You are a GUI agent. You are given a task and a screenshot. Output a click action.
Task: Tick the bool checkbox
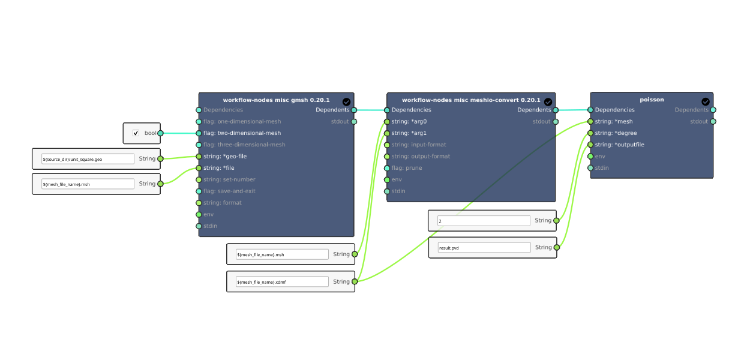[136, 133]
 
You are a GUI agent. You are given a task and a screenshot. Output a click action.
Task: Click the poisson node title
[652, 100]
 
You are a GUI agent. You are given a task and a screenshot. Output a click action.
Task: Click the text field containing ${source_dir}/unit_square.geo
[88, 159]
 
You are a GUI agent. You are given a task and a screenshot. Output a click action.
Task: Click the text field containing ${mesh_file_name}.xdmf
[282, 281]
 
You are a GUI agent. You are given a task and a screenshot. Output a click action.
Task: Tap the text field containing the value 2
[484, 221]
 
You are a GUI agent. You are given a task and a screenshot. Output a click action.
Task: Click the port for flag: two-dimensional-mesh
[199, 133]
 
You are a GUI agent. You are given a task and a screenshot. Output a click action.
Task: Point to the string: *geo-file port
[199, 157]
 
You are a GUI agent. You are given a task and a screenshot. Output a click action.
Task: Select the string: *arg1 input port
[387, 133]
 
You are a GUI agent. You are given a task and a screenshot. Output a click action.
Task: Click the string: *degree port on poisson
[590, 133]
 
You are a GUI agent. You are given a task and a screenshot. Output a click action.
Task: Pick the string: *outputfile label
[620, 145]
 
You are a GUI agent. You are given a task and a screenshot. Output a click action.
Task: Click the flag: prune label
[406, 168]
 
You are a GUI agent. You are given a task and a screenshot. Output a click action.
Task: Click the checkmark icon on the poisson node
[706, 102]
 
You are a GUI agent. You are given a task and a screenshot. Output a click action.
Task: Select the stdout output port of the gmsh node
[354, 122]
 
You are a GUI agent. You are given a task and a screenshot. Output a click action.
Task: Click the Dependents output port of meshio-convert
[556, 110]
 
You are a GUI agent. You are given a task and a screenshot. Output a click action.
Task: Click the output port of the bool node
[160, 133]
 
